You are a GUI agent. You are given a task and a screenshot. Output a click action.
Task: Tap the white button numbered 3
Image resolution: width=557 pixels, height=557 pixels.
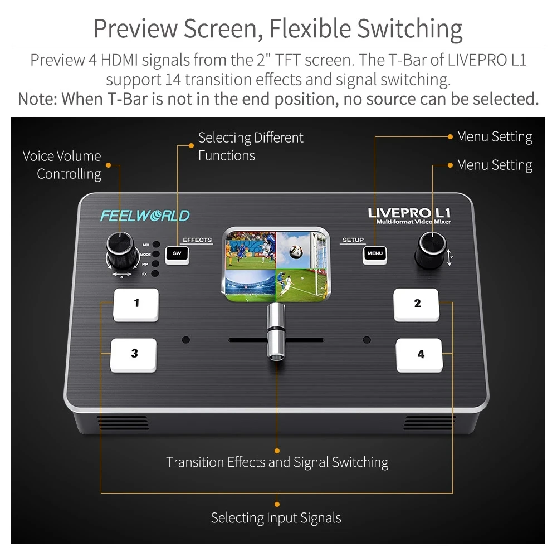pyautogui.click(x=134, y=354)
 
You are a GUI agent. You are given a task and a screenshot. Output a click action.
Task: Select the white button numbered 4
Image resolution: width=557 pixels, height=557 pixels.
pyautogui.click(x=420, y=354)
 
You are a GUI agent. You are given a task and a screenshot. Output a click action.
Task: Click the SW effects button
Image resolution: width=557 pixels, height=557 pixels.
pyautogui.click(x=177, y=254)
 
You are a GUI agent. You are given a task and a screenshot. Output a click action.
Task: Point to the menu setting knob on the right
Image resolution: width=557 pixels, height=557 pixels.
pyautogui.click(x=431, y=248)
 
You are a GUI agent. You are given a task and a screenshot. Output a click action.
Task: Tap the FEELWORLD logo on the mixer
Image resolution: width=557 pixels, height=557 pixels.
pyautogui.click(x=145, y=216)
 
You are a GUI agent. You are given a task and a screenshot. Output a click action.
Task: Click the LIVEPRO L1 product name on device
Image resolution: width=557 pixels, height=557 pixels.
pyautogui.click(x=409, y=213)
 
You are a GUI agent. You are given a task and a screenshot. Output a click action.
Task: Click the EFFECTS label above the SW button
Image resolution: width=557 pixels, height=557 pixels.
pyautogui.click(x=197, y=240)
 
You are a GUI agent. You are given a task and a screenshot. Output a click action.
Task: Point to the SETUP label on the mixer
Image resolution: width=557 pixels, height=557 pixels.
pyautogui.click(x=353, y=240)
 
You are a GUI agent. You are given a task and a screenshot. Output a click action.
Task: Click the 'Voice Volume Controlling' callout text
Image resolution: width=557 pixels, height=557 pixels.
pyautogui.click(x=62, y=165)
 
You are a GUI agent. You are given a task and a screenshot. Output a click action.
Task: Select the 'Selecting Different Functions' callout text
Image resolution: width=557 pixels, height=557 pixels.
pyautogui.click(x=250, y=146)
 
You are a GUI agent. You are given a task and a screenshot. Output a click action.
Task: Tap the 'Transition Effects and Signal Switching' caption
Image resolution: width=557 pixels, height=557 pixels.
pyautogui.click(x=277, y=462)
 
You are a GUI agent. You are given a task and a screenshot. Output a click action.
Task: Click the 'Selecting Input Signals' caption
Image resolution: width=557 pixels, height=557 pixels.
pyautogui.click(x=276, y=518)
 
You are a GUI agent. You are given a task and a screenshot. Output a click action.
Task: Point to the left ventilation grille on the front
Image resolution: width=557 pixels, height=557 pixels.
pyautogui.click(x=124, y=422)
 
